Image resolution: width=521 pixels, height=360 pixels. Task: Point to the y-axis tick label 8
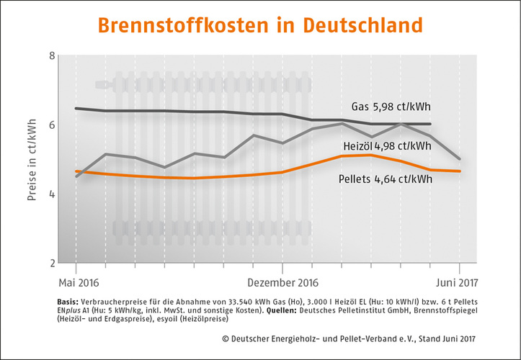[x=51, y=56]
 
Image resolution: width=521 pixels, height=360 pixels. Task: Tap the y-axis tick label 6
[x=51, y=125]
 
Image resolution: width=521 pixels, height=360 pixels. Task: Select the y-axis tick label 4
[x=51, y=194]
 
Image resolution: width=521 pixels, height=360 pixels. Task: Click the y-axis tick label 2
[x=51, y=263]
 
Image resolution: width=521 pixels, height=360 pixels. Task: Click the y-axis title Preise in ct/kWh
[x=32, y=160]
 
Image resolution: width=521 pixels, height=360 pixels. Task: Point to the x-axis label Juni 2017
[x=454, y=282]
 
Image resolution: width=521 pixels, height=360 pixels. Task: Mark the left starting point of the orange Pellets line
[x=76, y=171]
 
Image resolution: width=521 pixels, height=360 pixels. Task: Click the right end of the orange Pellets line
[x=460, y=171]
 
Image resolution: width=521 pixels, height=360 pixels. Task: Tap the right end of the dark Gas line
[x=430, y=124]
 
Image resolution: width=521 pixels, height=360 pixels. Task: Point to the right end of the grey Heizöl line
[x=460, y=159]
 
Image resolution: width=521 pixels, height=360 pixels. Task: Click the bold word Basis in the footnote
[x=67, y=302]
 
